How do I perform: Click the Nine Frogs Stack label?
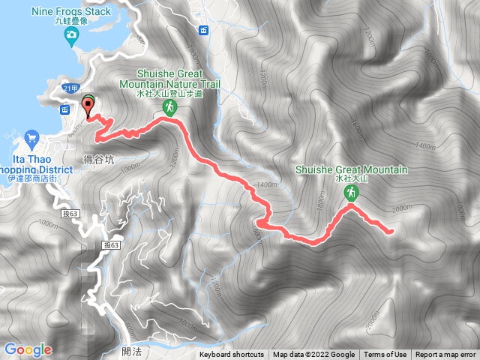[72, 11]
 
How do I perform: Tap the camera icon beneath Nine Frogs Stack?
[70, 34]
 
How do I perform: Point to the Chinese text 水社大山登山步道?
[178, 94]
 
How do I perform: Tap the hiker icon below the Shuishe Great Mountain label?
[350, 194]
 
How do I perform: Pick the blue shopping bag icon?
[31, 138]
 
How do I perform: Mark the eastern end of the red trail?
[391, 232]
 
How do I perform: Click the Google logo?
[28, 349]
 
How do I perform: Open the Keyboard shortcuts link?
[232, 355]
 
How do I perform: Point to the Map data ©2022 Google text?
[313, 355]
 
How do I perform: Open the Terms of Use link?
[385, 355]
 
